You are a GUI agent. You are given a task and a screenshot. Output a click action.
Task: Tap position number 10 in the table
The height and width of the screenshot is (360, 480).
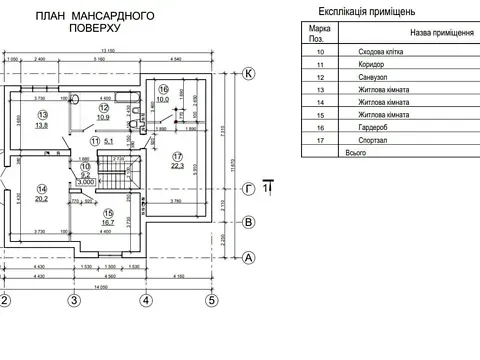click(320, 50)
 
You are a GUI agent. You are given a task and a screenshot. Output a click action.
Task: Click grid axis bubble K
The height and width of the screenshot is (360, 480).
click(250, 73)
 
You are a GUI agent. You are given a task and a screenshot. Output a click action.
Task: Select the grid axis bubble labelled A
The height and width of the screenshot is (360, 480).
click(250, 256)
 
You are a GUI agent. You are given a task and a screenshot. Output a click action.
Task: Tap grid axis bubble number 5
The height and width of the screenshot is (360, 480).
click(212, 299)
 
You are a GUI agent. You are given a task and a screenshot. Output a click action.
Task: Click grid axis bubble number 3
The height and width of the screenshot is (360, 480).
click(73, 299)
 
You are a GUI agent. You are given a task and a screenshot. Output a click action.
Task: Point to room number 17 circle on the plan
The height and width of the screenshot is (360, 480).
click(176, 155)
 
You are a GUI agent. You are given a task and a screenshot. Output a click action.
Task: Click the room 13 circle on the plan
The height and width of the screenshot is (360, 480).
click(42, 116)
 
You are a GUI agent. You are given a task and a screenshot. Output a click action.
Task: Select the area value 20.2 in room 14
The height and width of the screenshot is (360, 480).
click(42, 199)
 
